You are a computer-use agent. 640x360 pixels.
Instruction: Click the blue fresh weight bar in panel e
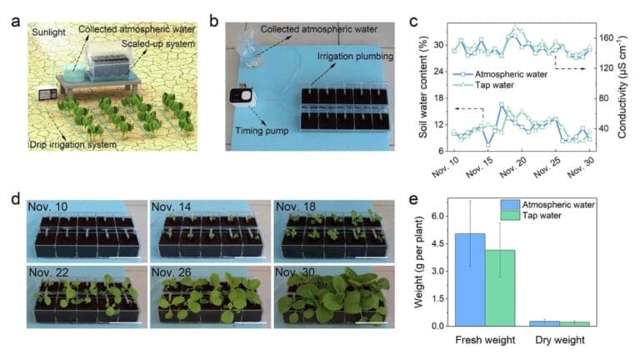469,279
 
